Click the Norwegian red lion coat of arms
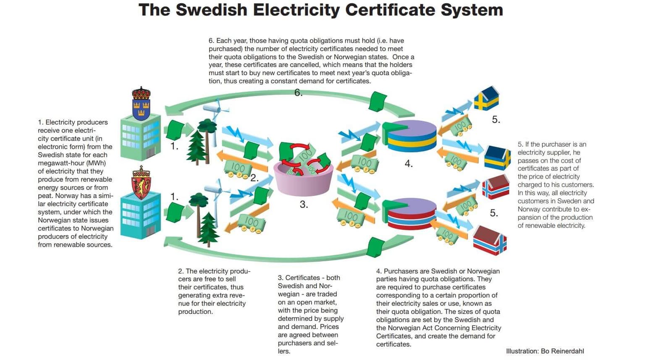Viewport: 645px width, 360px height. point(141,183)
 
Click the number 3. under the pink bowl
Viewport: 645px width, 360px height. point(304,205)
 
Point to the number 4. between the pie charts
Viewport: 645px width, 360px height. point(409,164)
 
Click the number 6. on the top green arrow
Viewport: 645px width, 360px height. point(298,93)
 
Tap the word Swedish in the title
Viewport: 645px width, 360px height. point(211,10)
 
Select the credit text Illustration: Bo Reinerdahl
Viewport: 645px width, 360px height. point(545,351)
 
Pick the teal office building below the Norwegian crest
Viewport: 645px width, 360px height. point(140,215)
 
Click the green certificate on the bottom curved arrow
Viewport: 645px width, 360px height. point(375,247)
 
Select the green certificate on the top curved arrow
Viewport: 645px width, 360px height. point(378,101)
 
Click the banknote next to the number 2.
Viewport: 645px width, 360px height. point(237,168)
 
